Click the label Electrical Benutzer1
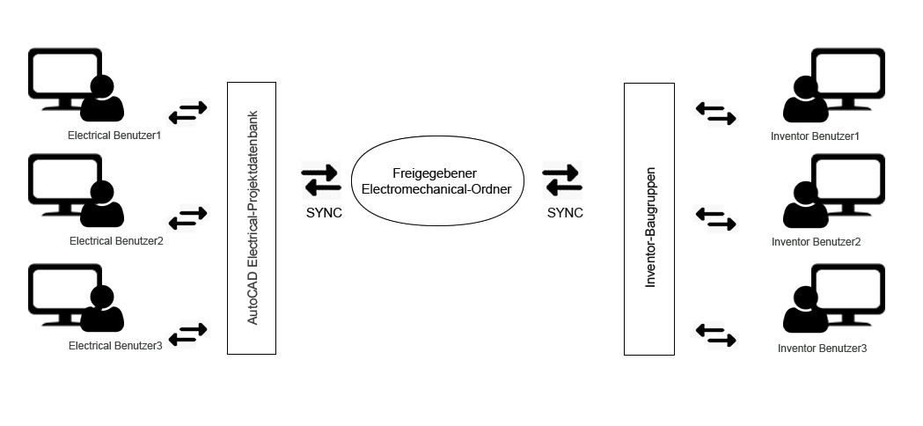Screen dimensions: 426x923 114,136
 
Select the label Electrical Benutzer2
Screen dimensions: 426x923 116,241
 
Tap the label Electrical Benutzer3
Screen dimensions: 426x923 115,346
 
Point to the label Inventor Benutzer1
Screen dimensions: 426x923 815,136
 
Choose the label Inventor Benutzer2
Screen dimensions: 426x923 816,241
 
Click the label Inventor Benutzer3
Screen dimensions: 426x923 822,349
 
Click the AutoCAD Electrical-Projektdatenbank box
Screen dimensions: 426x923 252,218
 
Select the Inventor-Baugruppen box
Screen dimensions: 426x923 649,218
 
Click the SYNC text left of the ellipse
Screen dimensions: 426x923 324,213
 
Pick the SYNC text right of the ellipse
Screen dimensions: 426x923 565,213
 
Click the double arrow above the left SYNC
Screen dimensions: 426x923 321,180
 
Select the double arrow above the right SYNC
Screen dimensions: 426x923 562,180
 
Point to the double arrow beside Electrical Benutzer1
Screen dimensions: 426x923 187,112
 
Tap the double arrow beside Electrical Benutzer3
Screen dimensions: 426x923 187,334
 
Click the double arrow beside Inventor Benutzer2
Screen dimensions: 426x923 715,218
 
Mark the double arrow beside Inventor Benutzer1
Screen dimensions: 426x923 715,114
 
